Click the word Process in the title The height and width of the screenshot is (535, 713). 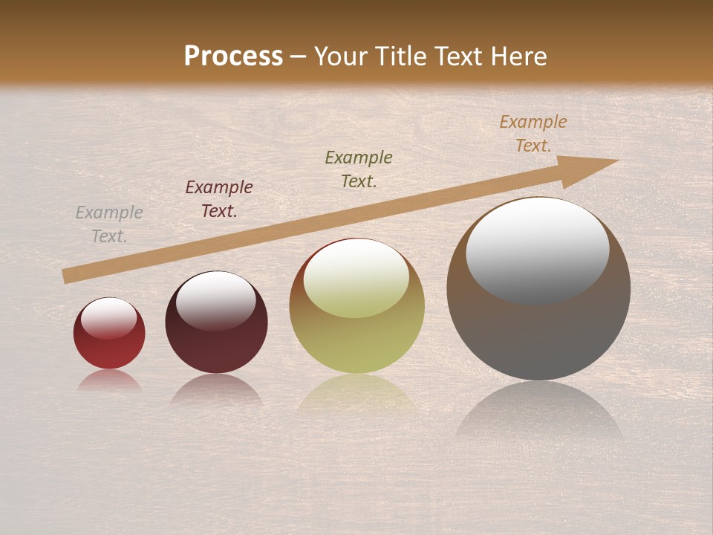coord(233,56)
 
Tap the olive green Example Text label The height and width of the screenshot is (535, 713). coord(359,169)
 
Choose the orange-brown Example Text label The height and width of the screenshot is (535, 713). coord(533,134)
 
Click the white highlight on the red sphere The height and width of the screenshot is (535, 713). coord(109,318)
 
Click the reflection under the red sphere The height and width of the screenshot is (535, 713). coord(109,380)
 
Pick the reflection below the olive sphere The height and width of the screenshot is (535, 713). coord(356,394)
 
